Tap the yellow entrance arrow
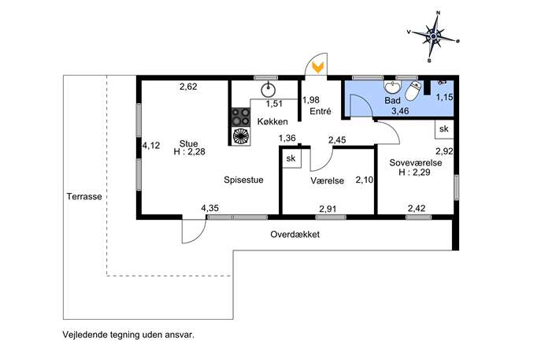click(317, 68)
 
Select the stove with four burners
click(239, 127)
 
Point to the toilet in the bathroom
click(413, 92)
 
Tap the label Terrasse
click(84, 196)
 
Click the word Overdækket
click(295, 235)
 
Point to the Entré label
click(320, 112)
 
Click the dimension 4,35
click(210, 208)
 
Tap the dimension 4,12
click(150, 145)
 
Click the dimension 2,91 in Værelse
click(328, 209)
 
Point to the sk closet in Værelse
click(291, 158)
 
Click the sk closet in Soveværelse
click(443, 128)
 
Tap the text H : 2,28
click(188, 152)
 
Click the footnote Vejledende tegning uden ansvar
click(128, 334)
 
